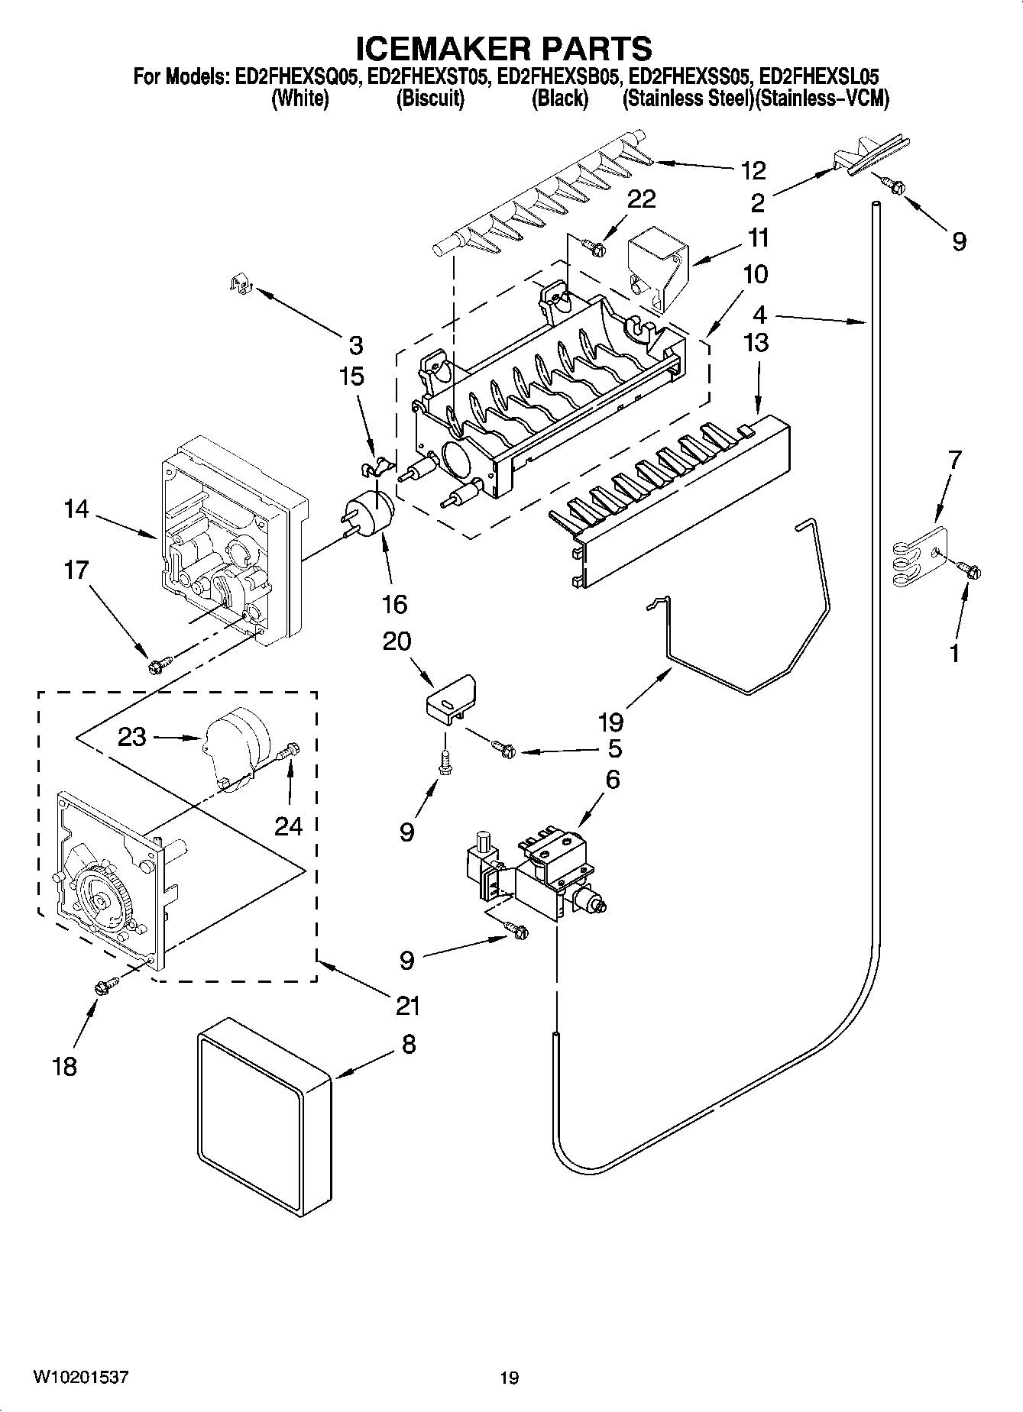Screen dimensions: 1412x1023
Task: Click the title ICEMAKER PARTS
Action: tap(505, 47)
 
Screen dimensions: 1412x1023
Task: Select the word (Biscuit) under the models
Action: tap(429, 99)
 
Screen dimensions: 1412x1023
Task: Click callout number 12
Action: tap(753, 170)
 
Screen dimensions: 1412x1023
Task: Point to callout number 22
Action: tap(641, 199)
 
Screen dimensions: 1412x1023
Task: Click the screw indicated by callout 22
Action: tap(594, 246)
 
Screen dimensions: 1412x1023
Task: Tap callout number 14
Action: tap(76, 509)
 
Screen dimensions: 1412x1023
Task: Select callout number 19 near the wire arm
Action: tap(610, 722)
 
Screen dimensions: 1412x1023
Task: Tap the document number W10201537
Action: tap(80, 1378)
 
